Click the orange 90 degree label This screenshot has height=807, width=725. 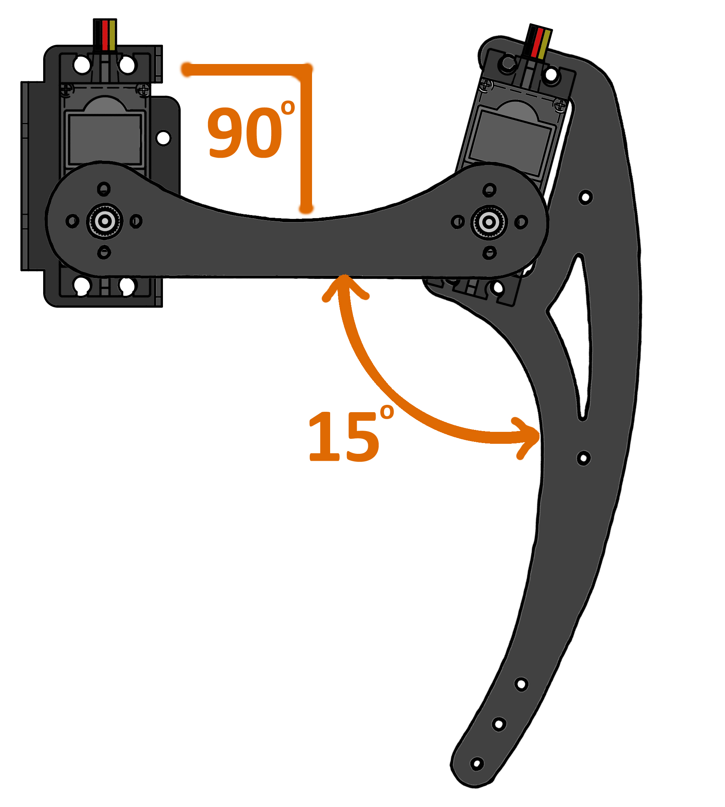click(x=245, y=132)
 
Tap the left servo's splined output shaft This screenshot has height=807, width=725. click(x=105, y=221)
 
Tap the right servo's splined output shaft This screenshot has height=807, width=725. click(x=489, y=222)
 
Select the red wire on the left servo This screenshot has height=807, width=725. click(x=105, y=35)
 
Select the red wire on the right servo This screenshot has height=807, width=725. click(x=537, y=42)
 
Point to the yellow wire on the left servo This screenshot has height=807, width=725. click(x=112, y=35)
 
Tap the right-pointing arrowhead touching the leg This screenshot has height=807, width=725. click(x=532, y=436)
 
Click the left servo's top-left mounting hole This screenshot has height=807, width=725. click(x=82, y=65)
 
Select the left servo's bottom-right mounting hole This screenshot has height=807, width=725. click(x=127, y=285)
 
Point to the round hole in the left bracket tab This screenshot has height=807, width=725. click(x=163, y=138)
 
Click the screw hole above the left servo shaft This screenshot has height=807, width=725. click(x=104, y=189)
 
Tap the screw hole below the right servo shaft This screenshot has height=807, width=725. click(x=489, y=253)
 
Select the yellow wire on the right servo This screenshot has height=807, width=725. click(x=544, y=44)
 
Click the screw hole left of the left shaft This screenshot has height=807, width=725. click(x=72, y=221)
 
